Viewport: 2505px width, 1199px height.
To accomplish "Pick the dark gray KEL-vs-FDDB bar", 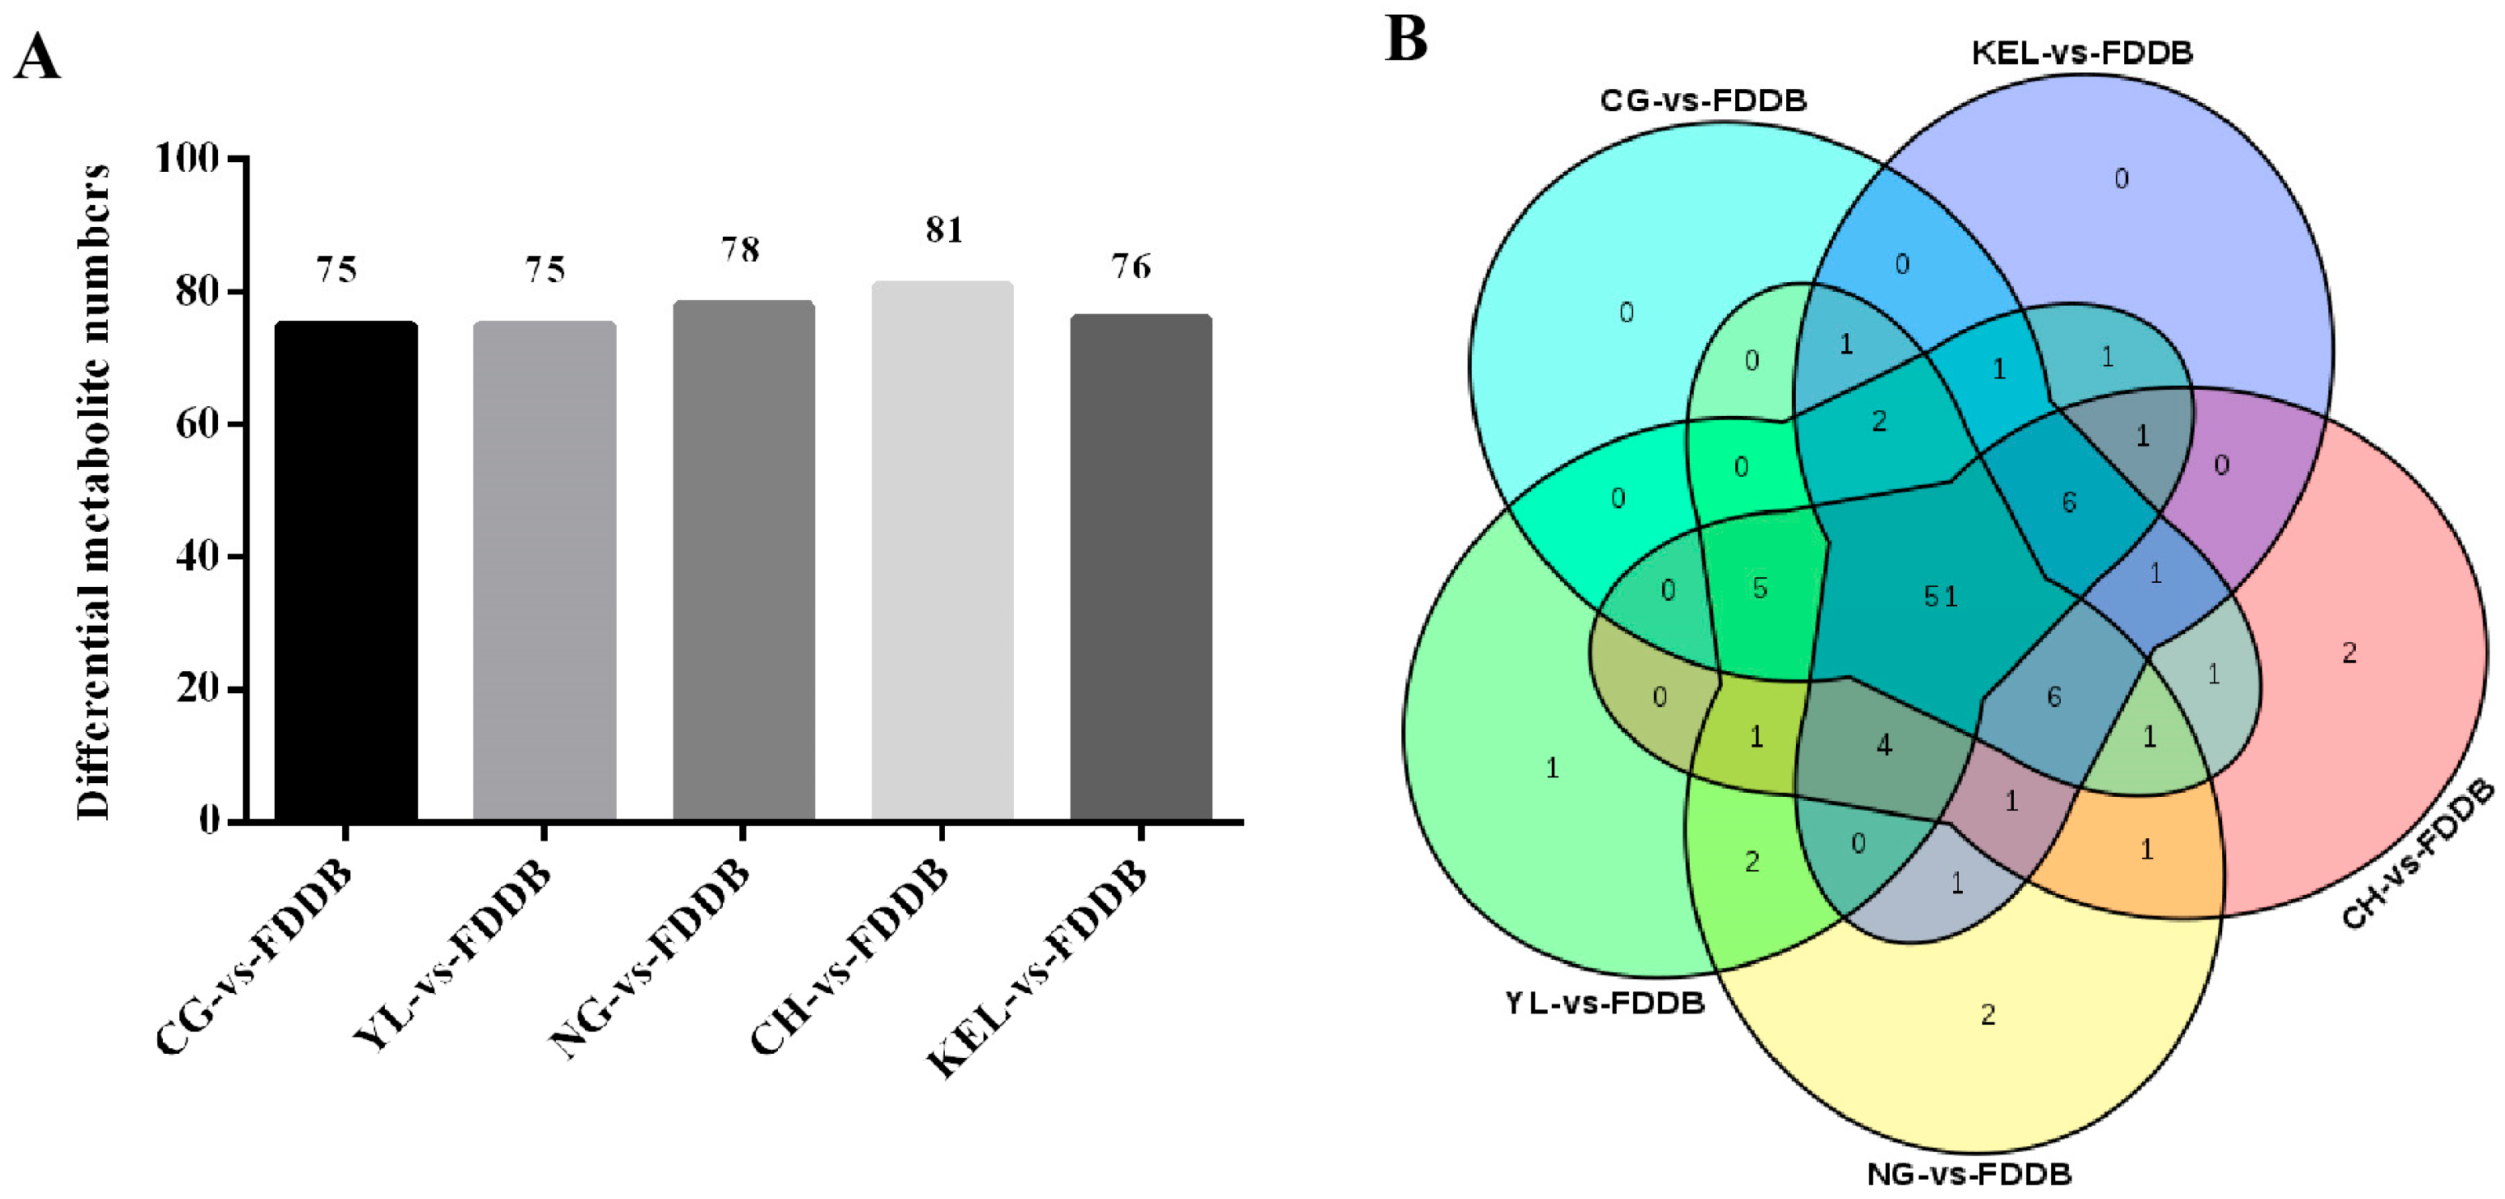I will pos(1141,568).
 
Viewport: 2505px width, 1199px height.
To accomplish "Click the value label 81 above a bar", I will pos(943,230).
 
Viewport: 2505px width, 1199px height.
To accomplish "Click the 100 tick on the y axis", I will pos(188,157).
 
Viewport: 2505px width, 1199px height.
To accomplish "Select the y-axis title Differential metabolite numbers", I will pos(94,491).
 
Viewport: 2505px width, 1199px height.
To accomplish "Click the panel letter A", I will pos(37,57).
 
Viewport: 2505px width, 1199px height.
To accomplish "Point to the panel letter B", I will pos(1406,39).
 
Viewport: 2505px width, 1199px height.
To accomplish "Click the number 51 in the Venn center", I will pos(1940,596).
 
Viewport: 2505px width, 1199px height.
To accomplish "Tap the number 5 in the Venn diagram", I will pos(1759,589).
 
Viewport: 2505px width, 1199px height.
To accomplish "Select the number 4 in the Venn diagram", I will pos(1883,746).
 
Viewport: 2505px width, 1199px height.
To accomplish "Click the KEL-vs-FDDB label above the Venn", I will pos(2082,53).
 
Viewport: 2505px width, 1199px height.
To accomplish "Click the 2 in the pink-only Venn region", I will pos(2349,653).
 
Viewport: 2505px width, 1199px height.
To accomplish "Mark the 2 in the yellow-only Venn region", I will pos(1988,1015).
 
